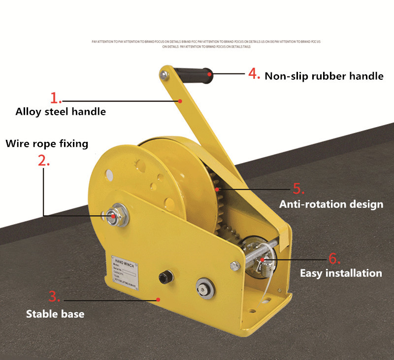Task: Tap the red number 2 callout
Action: (44, 160)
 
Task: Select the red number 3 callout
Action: (55, 296)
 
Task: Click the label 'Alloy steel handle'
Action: (61, 111)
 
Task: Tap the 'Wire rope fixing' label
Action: (47, 143)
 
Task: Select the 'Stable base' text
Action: (55, 314)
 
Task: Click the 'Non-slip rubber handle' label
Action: (324, 76)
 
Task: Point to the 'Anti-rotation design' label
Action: (331, 204)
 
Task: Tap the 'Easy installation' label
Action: (341, 273)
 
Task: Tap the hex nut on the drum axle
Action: (113, 215)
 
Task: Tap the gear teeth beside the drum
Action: (218, 207)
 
